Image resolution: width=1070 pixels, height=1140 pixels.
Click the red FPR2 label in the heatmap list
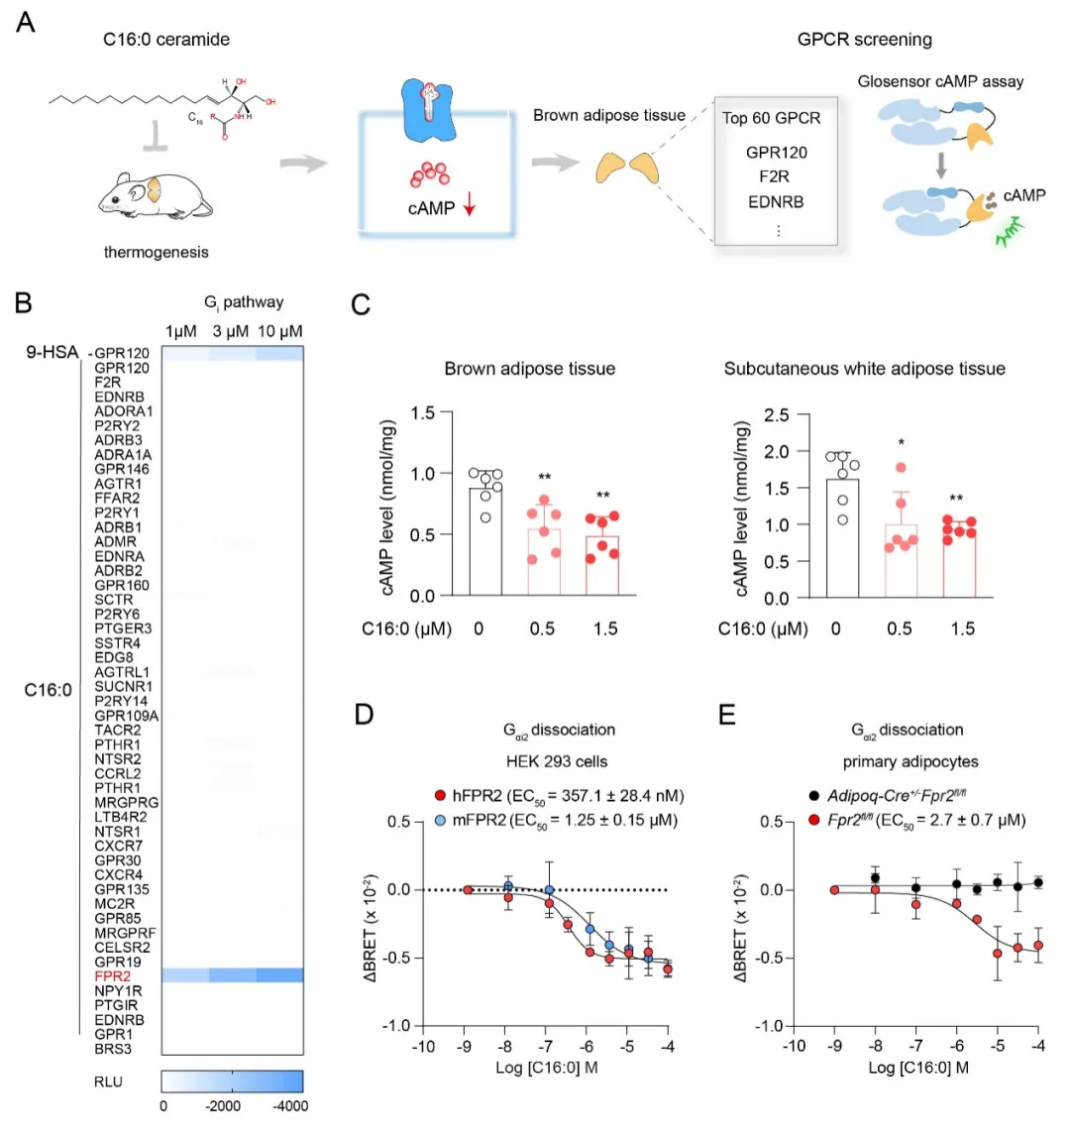point(113,976)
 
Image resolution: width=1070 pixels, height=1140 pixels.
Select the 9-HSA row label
point(52,352)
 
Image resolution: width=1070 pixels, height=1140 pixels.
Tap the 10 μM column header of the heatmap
point(279,331)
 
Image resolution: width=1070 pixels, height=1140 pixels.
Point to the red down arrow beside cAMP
point(470,207)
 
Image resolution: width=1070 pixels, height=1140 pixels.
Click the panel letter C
point(362,303)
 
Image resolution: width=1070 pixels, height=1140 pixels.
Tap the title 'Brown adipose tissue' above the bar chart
point(529,369)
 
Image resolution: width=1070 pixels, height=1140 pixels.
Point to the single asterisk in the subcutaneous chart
point(901,443)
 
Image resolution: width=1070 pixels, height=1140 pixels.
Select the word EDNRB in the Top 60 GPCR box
point(776,202)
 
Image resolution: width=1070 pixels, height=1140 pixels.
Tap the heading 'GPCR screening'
point(864,40)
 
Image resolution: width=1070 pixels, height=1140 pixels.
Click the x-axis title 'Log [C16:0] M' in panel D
point(546,1068)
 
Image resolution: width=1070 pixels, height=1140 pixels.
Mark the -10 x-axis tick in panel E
point(794,1046)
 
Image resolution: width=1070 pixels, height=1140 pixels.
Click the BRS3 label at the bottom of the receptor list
point(113,1049)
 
